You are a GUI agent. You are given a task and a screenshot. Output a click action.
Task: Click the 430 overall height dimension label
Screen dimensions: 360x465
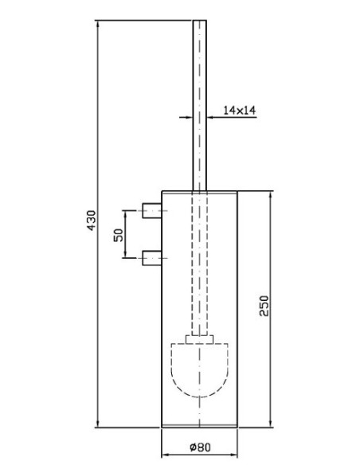[x=92, y=221]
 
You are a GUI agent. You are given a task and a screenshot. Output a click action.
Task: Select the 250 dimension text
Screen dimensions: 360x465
[x=264, y=306]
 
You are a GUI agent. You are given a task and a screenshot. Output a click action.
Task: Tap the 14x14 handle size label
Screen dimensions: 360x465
[x=239, y=111]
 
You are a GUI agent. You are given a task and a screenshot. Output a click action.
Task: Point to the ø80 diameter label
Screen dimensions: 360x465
[x=200, y=447]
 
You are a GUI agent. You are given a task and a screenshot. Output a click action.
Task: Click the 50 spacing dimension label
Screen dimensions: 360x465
[x=119, y=235]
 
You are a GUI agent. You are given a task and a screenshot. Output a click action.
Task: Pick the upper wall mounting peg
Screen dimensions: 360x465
[x=152, y=210]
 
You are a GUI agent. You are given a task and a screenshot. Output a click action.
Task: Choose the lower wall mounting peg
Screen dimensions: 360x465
[x=152, y=258]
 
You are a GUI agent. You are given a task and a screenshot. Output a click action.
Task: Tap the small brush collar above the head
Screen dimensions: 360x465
[x=200, y=339]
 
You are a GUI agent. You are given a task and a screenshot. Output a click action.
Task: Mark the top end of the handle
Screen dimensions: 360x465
[x=200, y=21]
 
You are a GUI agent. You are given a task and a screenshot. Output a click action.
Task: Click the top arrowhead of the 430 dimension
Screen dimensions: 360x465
[x=98, y=25]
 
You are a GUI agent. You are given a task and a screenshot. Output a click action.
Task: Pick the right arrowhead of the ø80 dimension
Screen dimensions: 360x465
[x=233, y=455]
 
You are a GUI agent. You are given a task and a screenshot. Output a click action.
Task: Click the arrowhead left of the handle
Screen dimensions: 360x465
[x=189, y=117]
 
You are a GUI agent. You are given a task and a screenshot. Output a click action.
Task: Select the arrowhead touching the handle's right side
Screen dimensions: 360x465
[x=211, y=117]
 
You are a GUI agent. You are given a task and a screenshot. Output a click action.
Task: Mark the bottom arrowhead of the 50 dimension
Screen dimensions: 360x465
[x=125, y=254]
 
